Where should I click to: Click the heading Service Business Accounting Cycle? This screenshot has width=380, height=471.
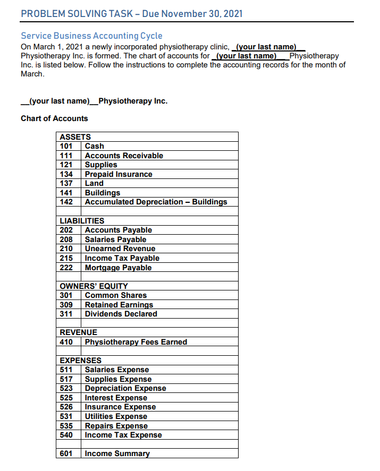point(91,36)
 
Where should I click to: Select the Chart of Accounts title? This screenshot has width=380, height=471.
point(54,118)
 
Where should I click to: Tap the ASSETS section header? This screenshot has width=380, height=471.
point(75,137)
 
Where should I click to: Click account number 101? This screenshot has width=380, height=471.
point(66,146)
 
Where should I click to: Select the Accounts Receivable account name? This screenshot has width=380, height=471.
point(124,156)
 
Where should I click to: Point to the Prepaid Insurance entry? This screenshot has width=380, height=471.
point(119,174)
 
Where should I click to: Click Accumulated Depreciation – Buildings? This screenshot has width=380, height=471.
point(156,202)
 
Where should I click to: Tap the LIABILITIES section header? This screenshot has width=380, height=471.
point(82,221)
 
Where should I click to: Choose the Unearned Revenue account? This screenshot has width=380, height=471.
point(120,249)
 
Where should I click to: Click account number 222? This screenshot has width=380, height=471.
point(66,268)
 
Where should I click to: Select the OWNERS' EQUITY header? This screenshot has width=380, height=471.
point(94,286)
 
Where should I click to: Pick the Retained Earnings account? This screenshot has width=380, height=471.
point(119,305)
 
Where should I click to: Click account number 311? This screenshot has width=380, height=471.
point(66,314)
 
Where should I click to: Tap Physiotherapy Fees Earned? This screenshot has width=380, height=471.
point(136,342)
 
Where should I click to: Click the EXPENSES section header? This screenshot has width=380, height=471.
point(80,361)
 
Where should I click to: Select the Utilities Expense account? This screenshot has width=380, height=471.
point(116,416)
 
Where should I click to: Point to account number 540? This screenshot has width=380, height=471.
point(66,435)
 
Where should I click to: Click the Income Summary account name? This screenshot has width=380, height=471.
point(117,453)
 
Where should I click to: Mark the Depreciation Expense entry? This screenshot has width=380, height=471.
point(125,388)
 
